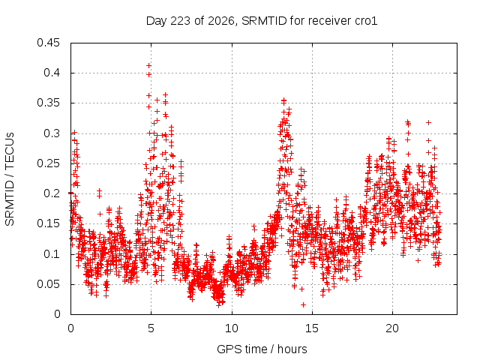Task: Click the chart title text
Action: (x=262, y=21)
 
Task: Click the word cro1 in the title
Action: (x=366, y=21)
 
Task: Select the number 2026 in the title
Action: (x=221, y=21)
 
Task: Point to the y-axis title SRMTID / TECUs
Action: (x=10, y=179)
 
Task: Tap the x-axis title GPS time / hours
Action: (x=262, y=349)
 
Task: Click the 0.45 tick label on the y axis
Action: (x=48, y=43)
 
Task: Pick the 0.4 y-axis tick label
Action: (x=52, y=73)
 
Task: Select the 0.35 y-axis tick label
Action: (x=48, y=103)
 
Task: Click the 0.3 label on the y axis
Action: (x=52, y=133)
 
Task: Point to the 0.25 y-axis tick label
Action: (x=48, y=163)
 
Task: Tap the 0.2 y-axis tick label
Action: (x=52, y=193)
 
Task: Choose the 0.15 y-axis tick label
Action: (x=48, y=223)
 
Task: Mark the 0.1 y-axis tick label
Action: (x=52, y=253)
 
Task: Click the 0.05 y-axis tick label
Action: (x=48, y=284)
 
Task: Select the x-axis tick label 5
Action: (x=151, y=328)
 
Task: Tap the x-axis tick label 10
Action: (x=232, y=328)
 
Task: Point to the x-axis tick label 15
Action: (x=312, y=328)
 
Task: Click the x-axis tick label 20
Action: (x=392, y=328)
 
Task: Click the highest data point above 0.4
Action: (x=148, y=65)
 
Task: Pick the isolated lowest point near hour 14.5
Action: (x=303, y=304)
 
